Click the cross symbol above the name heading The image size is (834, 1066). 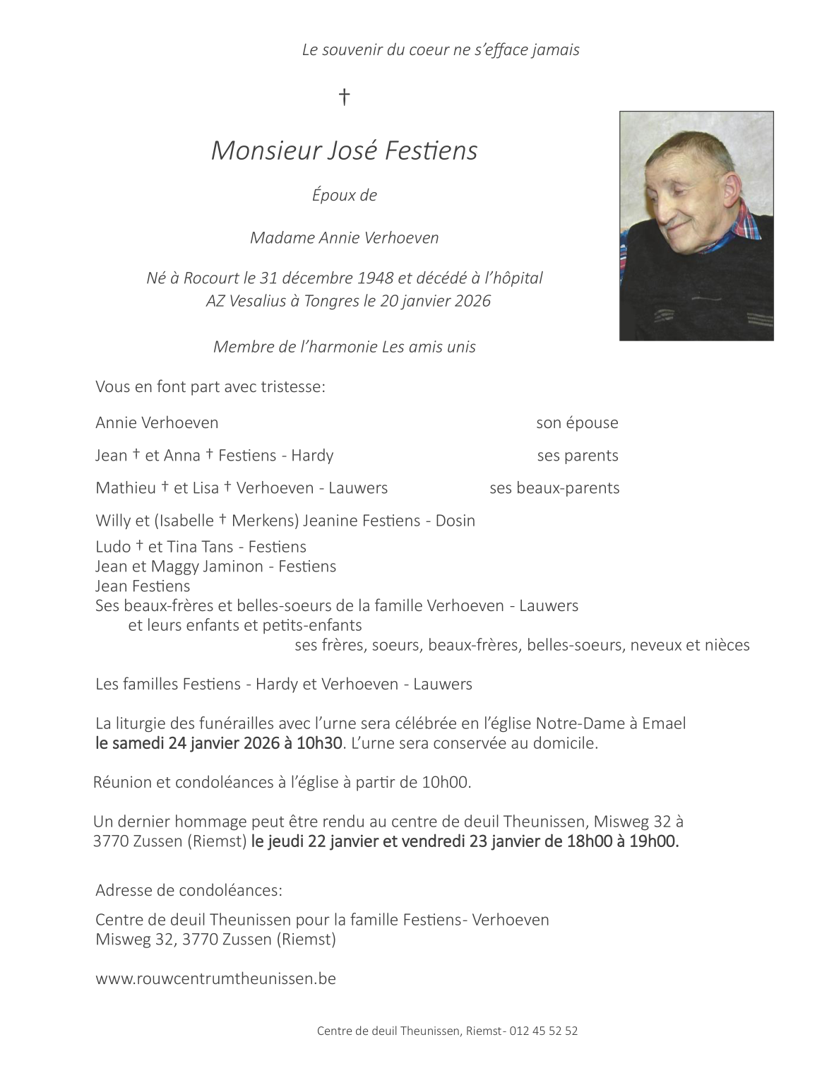pyautogui.click(x=345, y=96)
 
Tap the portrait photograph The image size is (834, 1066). pyautogui.click(x=696, y=225)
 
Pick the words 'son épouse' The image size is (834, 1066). pyautogui.click(x=577, y=423)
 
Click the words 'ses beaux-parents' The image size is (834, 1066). pyautogui.click(x=554, y=488)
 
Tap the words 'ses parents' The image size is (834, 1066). pyautogui.click(x=578, y=456)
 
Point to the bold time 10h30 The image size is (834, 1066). pyautogui.click(x=322, y=743)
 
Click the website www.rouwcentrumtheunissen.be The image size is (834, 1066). pyautogui.click(x=215, y=979)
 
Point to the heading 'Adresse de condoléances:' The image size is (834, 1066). pyautogui.click(x=189, y=890)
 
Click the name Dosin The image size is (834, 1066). pyautogui.click(x=455, y=521)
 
